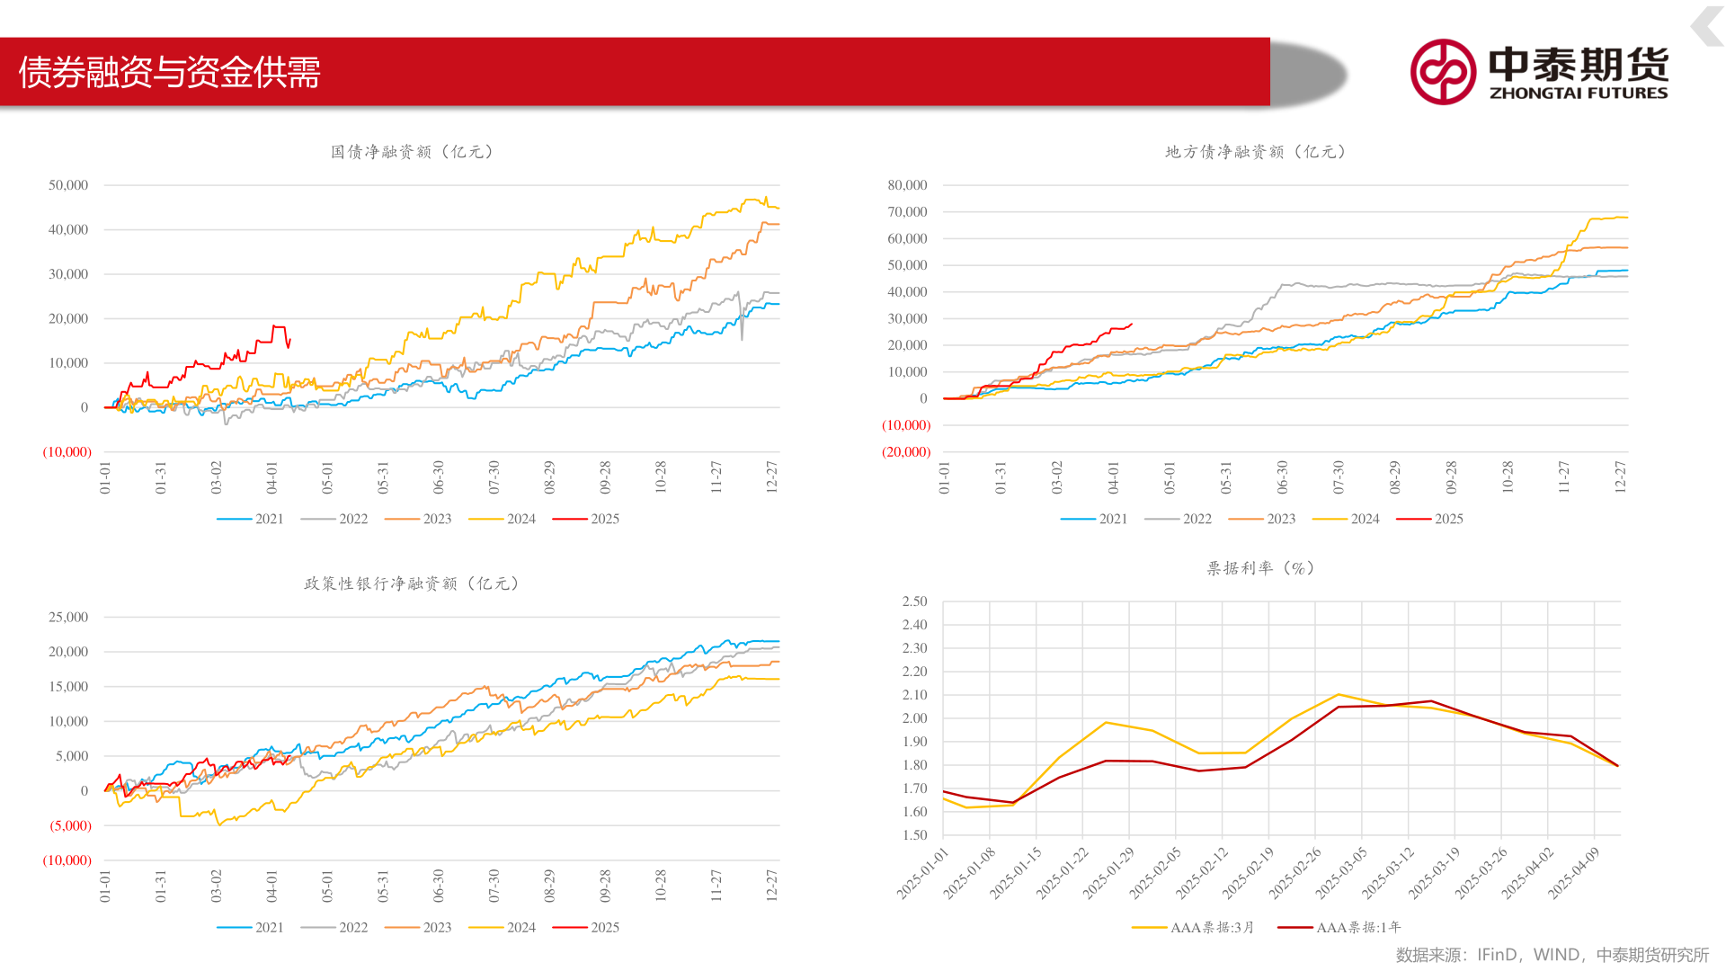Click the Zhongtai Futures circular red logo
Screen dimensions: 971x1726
pos(1442,72)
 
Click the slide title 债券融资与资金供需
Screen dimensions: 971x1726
pos(170,73)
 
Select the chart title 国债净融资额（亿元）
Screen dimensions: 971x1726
pos(413,152)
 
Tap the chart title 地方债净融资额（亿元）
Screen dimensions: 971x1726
pos(1256,152)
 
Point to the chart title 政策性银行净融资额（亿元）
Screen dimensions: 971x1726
pos(412,583)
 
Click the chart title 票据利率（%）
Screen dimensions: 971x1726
pos(1260,568)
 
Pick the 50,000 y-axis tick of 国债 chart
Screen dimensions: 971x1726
pos(68,185)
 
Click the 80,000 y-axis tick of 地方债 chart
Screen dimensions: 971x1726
pos(907,185)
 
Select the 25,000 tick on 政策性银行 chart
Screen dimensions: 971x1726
pos(68,618)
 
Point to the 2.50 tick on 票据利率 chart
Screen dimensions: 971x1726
pos(914,601)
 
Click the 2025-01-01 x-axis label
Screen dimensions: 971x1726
pos(923,872)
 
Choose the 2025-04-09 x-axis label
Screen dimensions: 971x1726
pos(1574,872)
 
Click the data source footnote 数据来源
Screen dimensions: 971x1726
pos(1552,955)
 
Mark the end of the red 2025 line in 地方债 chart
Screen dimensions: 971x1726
pos(1132,324)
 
